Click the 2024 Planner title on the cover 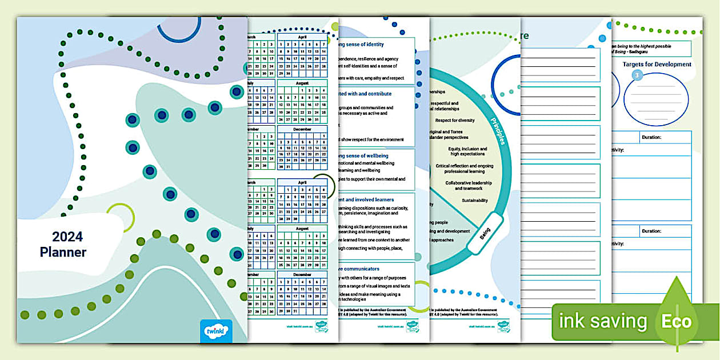pos(63,244)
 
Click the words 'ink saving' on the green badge pos(603,321)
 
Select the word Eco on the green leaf pos(677,321)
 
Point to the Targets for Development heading pos(657,65)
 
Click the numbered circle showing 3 pos(635,75)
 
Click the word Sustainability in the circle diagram pos(475,201)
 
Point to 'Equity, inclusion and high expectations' pos(467,151)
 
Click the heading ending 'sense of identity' pos(362,45)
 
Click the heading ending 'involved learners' pos(365,199)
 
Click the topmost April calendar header pos(302,37)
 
